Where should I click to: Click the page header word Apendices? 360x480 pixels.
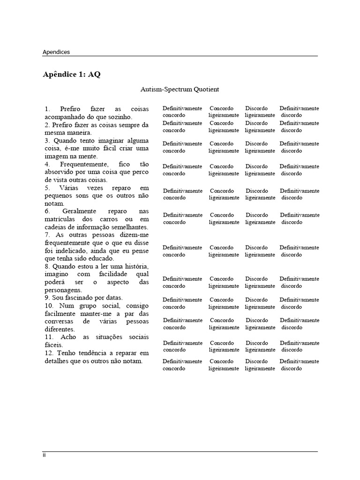[x=56, y=52]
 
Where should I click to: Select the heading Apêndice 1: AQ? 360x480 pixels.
[x=72, y=75]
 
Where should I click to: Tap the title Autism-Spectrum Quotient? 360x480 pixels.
[x=180, y=89]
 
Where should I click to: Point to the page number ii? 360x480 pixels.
[x=45, y=455]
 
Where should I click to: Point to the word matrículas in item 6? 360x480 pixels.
[x=60, y=219]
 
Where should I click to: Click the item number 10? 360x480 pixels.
[x=49, y=306]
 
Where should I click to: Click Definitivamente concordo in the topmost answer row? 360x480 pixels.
[x=182, y=112]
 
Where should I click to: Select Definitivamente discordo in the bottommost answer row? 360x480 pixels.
[x=299, y=365]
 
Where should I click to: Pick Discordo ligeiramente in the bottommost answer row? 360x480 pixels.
[x=259, y=365]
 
